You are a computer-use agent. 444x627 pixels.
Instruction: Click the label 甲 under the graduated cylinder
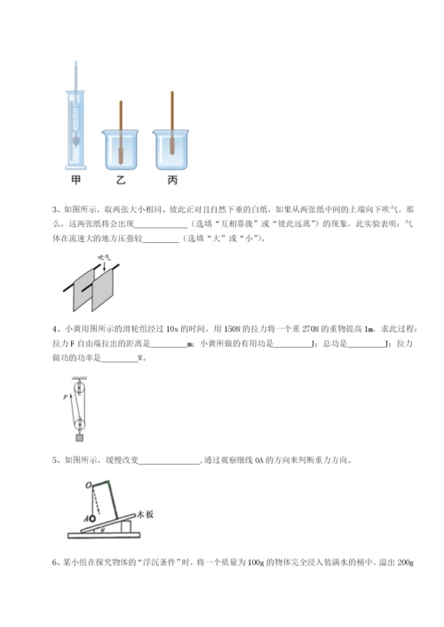(78, 179)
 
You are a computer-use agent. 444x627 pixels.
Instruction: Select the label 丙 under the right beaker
(170, 179)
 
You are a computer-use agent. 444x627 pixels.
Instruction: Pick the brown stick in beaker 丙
(169, 130)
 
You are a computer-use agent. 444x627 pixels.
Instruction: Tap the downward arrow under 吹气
(105, 263)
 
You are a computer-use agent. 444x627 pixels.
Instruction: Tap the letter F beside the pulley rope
(65, 400)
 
